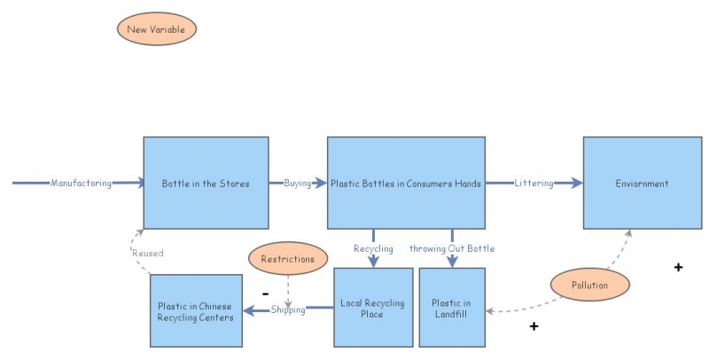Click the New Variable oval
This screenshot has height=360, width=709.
click(156, 29)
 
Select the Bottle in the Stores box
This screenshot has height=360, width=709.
click(206, 184)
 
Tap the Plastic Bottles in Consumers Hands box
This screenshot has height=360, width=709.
click(406, 184)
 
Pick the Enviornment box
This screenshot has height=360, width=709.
click(642, 184)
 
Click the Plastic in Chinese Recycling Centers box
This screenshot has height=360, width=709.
click(196, 311)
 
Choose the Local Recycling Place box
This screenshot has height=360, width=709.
click(372, 308)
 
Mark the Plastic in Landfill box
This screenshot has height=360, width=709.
click(452, 308)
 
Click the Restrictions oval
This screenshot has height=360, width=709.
click(288, 260)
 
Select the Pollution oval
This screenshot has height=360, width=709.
click(590, 286)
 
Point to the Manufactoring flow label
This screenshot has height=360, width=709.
click(81, 184)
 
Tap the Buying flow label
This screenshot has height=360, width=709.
click(298, 184)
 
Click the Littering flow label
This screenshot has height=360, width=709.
click(534, 184)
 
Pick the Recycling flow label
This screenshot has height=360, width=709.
click(373, 248)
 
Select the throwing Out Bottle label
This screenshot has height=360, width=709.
click(452, 248)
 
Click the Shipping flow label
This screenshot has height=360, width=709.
click(288, 309)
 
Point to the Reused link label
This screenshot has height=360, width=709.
click(148, 253)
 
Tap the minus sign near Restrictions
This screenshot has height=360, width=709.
click(265, 292)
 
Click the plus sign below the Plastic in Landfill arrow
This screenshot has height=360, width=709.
click(534, 326)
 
